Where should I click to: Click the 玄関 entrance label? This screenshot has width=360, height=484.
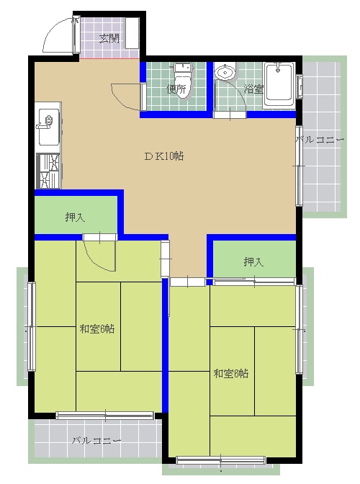109,39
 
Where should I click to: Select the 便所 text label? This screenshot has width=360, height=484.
176,89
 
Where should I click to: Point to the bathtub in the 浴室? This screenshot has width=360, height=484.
279,86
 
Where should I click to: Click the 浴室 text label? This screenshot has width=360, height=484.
253,89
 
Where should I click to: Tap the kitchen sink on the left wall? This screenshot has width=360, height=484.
48,127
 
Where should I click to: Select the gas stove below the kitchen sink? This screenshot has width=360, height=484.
48,171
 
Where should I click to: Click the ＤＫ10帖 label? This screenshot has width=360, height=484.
164,156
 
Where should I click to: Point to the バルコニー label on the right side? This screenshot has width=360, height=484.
320,140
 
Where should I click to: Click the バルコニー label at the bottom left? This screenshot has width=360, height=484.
96,441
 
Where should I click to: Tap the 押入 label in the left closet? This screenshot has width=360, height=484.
75,218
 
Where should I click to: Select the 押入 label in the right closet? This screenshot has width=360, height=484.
253,261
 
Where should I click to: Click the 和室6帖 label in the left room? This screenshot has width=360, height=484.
97,329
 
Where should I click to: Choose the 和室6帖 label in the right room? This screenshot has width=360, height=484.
230,374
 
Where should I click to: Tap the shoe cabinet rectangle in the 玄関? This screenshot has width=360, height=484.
132,32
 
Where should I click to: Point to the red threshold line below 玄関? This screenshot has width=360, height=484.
109,58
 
